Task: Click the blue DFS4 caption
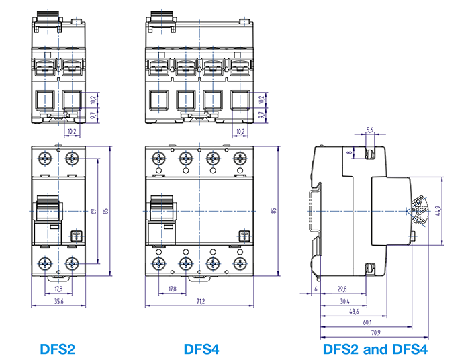click(201, 349)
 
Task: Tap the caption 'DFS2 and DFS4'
click(375, 349)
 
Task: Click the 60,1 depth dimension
click(367, 322)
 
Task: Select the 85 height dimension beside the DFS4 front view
click(273, 211)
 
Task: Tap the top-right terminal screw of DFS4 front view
click(239, 160)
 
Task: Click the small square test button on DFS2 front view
click(75, 236)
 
